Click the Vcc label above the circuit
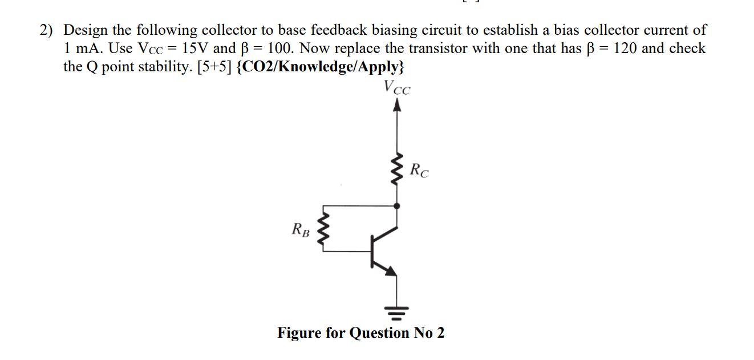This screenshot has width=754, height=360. pyautogui.click(x=397, y=88)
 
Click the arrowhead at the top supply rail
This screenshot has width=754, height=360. pyautogui.click(x=398, y=105)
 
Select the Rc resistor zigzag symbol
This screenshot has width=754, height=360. pyautogui.click(x=398, y=168)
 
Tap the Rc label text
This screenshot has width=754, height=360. pyautogui.click(x=420, y=169)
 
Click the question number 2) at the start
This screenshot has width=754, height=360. pyautogui.click(x=47, y=30)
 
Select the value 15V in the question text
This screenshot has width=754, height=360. pyautogui.click(x=192, y=48)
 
